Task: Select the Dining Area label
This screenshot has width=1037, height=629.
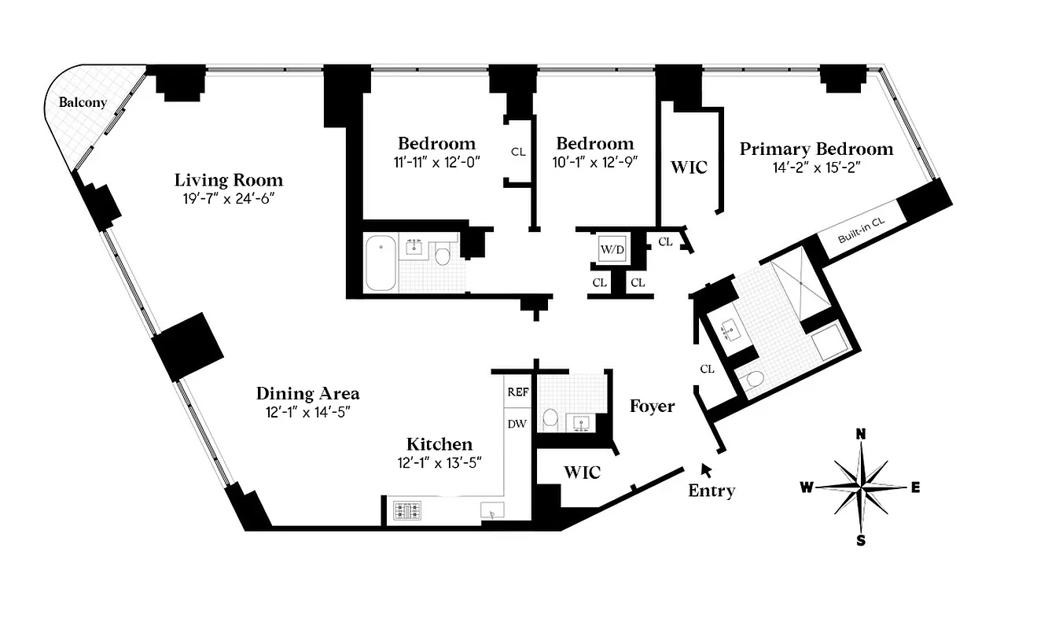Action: [x=307, y=393]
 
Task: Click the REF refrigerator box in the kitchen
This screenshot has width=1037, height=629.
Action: [x=517, y=392]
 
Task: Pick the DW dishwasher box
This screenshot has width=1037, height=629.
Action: [x=517, y=424]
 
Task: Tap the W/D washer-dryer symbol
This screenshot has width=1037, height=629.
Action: [x=612, y=250]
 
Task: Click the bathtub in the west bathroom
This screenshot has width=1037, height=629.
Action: [x=382, y=263]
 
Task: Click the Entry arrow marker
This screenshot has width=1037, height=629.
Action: [x=706, y=469]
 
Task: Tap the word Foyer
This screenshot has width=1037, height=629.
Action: [x=652, y=406]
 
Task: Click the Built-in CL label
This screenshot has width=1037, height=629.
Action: [x=861, y=232]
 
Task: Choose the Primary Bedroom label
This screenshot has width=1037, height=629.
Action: [x=816, y=149]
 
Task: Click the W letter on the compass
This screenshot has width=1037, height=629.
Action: [x=807, y=487]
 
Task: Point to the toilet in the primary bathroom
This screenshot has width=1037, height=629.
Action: [x=753, y=380]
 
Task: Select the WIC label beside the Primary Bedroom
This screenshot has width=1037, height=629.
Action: [x=688, y=167]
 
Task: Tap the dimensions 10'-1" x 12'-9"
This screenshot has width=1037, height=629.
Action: [x=595, y=162]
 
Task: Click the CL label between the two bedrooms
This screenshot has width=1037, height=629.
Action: [x=517, y=152]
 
